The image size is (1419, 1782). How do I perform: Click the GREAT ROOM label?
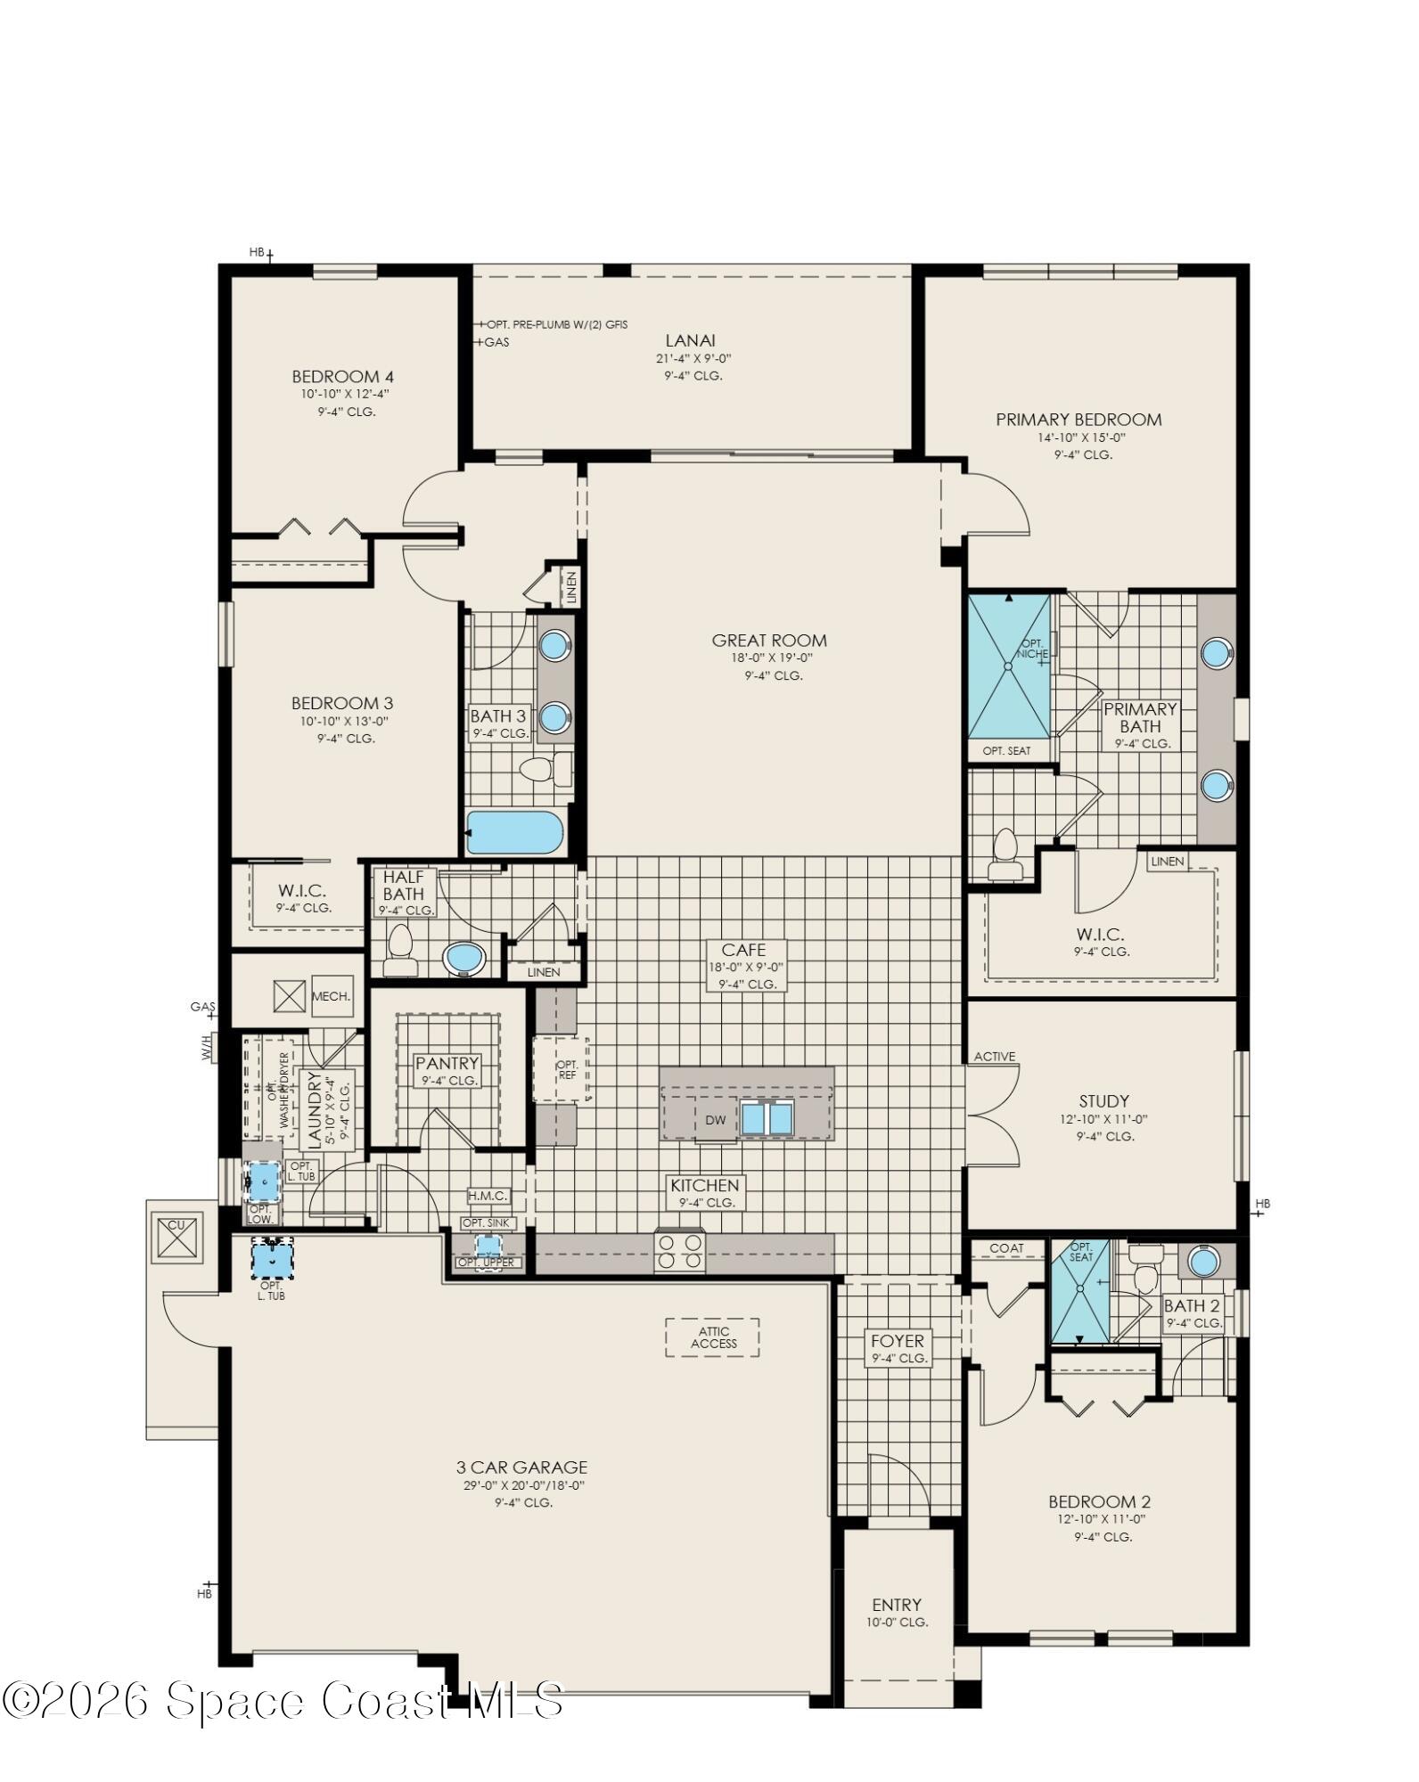pos(769,640)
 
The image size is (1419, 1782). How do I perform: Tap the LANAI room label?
pos(690,340)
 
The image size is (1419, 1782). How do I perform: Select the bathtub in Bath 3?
pos(514,832)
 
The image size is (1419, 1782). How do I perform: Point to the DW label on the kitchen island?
pos(715,1120)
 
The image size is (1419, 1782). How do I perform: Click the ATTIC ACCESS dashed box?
pos(712,1337)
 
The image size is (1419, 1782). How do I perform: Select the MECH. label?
pos(332,996)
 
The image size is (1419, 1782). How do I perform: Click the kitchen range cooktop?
pos(679,1251)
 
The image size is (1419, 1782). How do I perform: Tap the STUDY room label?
pos(1103,1100)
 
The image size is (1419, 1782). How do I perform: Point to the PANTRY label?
pos(447,1063)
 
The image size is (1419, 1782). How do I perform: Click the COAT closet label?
pos(1006,1248)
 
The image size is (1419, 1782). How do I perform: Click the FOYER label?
pos(898,1341)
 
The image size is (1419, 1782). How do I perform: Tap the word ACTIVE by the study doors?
pos(994,1057)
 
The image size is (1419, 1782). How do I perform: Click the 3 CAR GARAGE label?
pos(521,1467)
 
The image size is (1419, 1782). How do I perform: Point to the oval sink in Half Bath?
pos(464,959)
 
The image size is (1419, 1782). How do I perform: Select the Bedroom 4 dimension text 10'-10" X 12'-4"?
pos(344,394)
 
